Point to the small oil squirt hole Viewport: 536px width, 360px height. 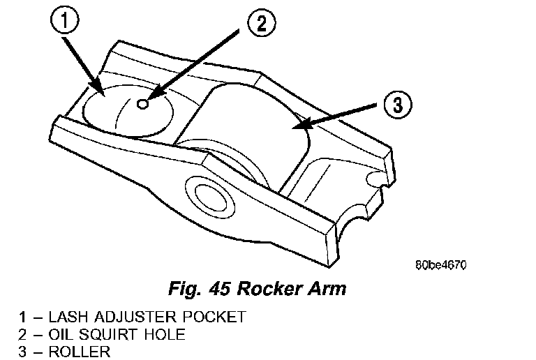[x=142, y=104]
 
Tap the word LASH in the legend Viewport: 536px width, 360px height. [x=66, y=317]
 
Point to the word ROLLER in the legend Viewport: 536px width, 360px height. [x=79, y=352]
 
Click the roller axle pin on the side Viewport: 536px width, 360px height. [x=207, y=195]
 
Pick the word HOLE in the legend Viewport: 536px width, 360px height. [x=166, y=335]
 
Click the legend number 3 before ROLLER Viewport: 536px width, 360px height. [x=24, y=352]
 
